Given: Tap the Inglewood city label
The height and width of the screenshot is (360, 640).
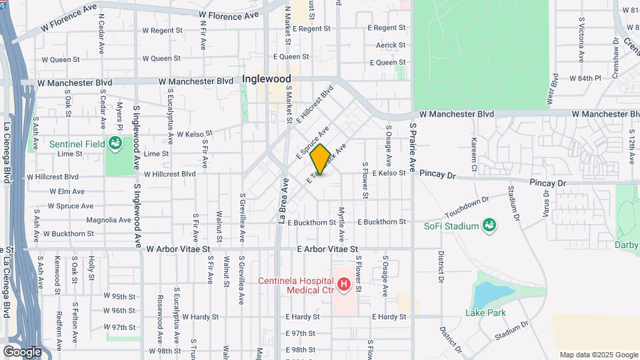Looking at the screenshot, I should (x=267, y=79).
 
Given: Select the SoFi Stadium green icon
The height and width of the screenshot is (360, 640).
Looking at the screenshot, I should (x=490, y=225).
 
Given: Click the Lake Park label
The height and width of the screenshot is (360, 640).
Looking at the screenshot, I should (x=485, y=313).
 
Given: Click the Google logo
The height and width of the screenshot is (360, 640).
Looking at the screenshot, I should (x=22, y=351).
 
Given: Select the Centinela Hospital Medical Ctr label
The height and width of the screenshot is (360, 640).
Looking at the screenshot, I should (x=298, y=285).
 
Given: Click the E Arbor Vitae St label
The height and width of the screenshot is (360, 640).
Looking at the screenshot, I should (x=328, y=249).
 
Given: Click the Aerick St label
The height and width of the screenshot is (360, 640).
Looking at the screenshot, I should (x=391, y=45).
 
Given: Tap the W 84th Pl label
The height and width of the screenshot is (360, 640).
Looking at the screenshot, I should (x=585, y=78).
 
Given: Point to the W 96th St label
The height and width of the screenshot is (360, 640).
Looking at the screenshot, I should (x=120, y=311).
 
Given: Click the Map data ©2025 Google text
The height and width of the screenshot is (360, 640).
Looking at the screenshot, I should (x=598, y=355).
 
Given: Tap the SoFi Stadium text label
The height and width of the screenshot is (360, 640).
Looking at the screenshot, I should (x=451, y=226).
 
